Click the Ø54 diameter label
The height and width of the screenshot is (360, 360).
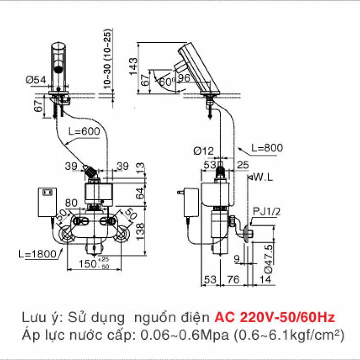[36, 80]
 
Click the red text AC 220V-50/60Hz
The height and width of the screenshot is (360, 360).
[274, 318]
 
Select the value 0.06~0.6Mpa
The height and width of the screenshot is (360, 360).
[179, 335]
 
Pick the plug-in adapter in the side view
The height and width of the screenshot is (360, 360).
[191, 202]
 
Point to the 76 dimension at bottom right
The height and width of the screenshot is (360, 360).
[233, 279]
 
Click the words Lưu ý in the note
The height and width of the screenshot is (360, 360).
[41, 318]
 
